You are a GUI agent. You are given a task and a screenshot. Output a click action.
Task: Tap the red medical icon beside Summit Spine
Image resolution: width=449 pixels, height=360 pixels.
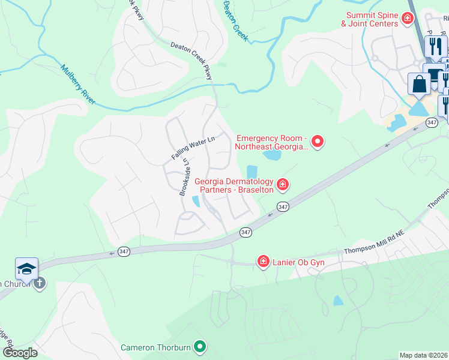408,19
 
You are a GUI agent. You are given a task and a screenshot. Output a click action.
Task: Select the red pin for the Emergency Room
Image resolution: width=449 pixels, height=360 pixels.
318,142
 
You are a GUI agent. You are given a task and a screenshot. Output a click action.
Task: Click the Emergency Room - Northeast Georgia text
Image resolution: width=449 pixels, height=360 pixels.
273,142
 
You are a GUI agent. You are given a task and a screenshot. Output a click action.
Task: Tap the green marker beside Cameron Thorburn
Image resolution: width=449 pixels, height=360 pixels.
201,346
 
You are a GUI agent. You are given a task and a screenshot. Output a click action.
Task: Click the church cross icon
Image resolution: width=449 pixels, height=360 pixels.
40,283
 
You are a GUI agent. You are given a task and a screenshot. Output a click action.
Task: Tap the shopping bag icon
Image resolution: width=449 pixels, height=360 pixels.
419,84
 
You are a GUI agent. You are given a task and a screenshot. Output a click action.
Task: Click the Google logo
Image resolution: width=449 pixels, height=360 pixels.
20,353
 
